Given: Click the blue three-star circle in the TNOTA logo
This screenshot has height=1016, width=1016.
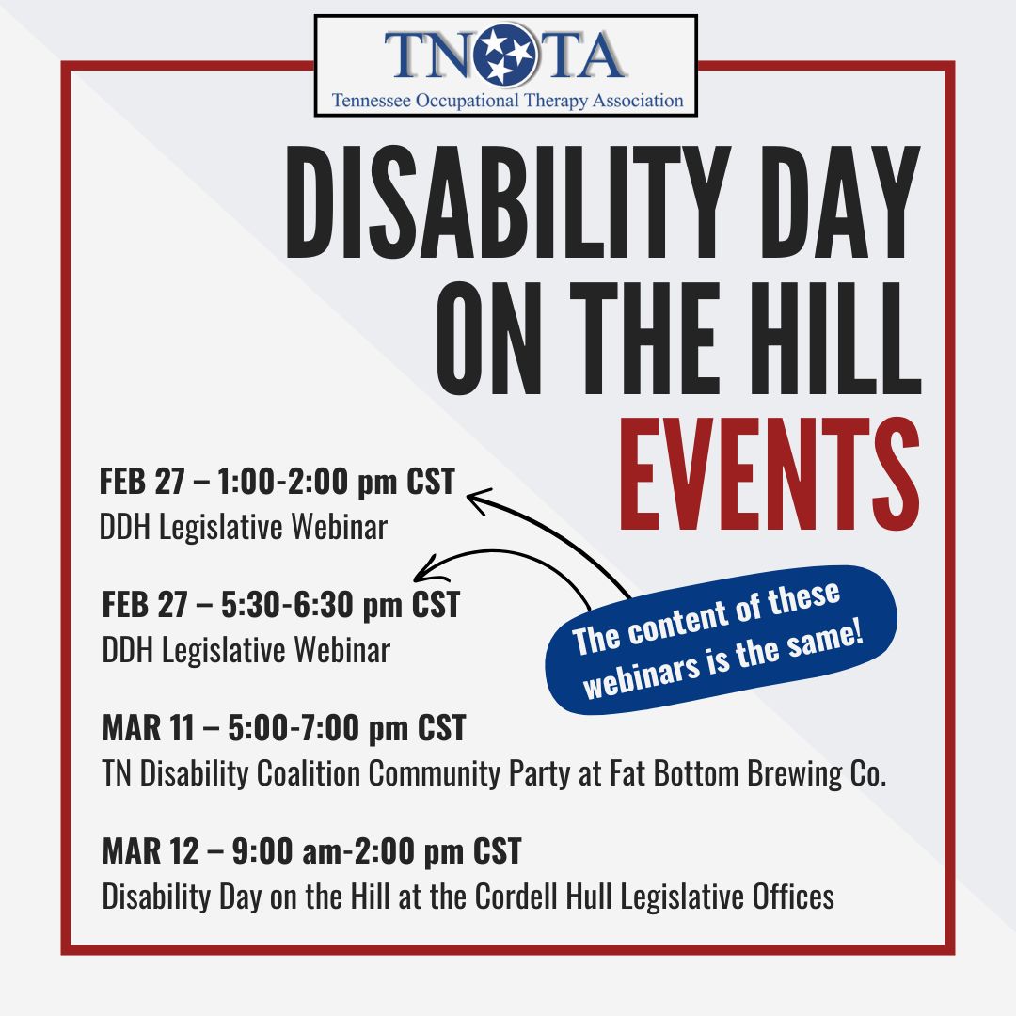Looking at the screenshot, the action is click(x=505, y=55).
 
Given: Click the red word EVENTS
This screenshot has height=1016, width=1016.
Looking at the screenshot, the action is click(x=770, y=474).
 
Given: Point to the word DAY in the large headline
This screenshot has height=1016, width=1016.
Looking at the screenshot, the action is click(x=840, y=202).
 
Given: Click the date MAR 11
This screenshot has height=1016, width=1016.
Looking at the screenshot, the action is click(x=149, y=727).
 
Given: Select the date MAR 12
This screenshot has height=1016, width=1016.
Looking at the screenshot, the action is click(x=151, y=850).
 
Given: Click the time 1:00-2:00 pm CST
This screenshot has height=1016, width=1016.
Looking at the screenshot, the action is click(x=336, y=482).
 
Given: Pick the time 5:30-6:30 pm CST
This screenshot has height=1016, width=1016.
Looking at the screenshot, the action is click(x=341, y=605).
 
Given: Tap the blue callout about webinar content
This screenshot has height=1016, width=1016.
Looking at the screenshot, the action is click(x=722, y=641).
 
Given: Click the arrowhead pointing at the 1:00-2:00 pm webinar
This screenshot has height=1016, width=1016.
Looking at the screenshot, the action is click(x=477, y=500).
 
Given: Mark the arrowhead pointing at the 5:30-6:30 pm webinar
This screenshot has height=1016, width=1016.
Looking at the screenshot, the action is click(x=428, y=570).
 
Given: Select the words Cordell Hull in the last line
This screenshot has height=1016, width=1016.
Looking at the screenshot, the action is click(x=544, y=897).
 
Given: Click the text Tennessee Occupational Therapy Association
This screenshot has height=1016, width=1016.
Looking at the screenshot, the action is click(x=507, y=101).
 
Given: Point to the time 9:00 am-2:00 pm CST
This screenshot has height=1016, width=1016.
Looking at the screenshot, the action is click(x=376, y=851).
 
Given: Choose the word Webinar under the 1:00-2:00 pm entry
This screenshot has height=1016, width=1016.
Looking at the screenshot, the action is click(x=339, y=526).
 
